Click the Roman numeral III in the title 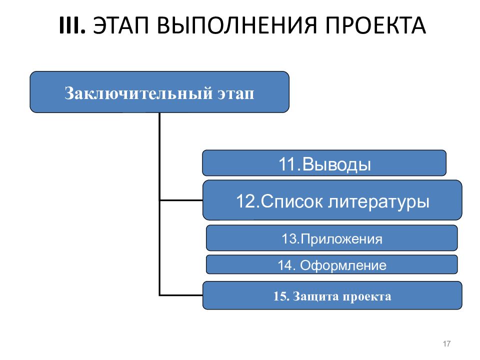click(x=72, y=25)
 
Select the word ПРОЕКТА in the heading click(x=375, y=25)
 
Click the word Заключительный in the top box click(x=138, y=93)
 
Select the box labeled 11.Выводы click(x=324, y=163)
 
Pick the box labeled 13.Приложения click(x=332, y=238)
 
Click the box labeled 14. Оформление click(x=332, y=264)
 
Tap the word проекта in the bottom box click(x=367, y=297)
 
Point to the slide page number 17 click(x=446, y=344)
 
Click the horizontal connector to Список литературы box click(x=181, y=200)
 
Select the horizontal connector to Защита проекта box click(x=181, y=295)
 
